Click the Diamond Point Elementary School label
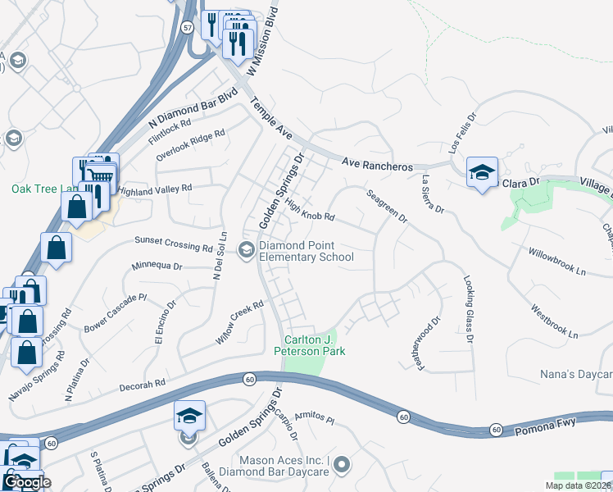pos(306,251)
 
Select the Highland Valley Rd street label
pos(155,189)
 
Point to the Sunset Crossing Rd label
pos(174,244)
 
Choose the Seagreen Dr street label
pos(386,206)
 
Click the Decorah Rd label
pos(143,382)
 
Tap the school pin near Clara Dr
pos(482,172)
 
